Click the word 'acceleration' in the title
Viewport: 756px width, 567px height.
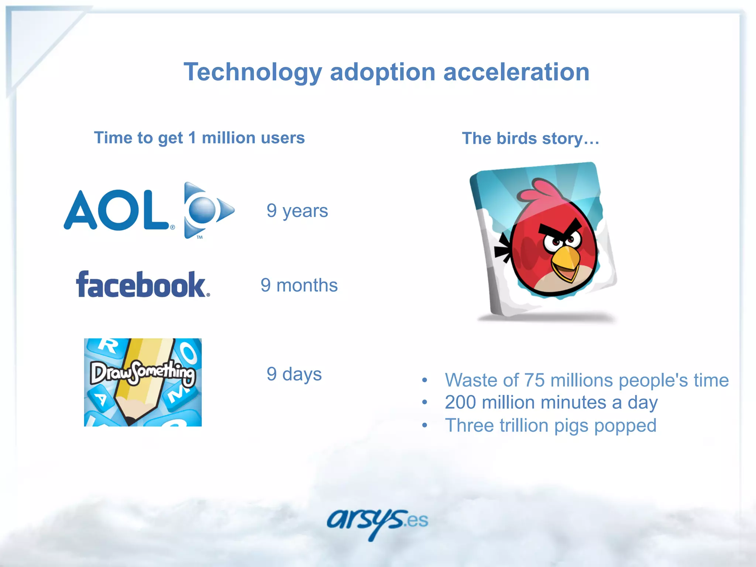(x=516, y=72)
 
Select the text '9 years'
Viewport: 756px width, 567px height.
(x=297, y=211)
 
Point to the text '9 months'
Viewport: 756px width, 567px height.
(x=299, y=285)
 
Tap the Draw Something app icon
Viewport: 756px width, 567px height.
(x=143, y=382)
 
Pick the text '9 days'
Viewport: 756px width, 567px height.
(x=294, y=374)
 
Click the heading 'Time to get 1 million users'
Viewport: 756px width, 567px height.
(x=199, y=138)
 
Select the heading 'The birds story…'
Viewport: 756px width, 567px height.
(x=530, y=139)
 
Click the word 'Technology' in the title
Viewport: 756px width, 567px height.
(x=253, y=72)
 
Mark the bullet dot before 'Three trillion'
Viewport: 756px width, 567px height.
(x=425, y=426)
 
